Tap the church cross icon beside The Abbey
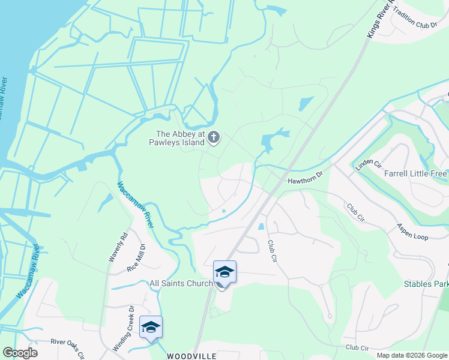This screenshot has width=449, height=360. pos(213,138)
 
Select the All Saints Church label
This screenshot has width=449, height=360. pos(181,283)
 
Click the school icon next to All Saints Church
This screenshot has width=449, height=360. pos(224,273)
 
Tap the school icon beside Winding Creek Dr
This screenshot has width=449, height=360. pos(150,327)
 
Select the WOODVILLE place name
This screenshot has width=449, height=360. pos(191,356)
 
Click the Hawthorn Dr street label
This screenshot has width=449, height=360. pos(305,174)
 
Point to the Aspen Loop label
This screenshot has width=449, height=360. pos(412,232)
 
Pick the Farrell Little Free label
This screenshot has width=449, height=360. pos(415,173)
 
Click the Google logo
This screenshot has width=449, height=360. pos(20,353)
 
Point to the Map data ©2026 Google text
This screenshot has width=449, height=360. pos(411,355)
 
